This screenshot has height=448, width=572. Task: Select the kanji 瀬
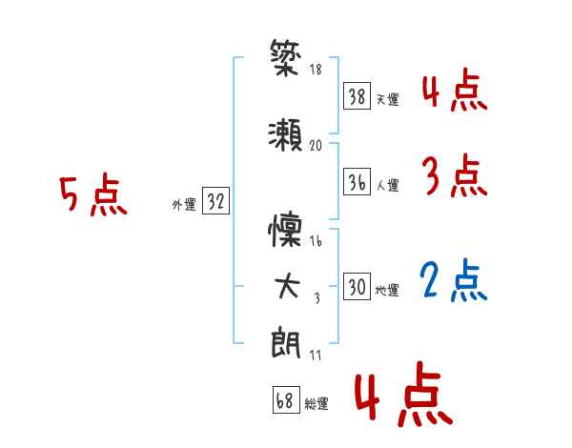(285, 134)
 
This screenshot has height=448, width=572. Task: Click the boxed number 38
(357, 96)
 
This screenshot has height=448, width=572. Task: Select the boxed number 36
(357, 182)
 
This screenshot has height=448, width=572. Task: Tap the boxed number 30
(357, 287)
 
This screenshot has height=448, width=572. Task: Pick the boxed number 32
(216, 201)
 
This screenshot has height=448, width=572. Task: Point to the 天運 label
(387, 99)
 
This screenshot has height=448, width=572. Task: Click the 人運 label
(387, 184)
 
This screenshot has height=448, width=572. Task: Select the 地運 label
(387, 290)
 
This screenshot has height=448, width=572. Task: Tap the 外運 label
(184, 204)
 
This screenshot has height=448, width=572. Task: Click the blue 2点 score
(454, 281)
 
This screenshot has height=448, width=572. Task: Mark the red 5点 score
(92, 196)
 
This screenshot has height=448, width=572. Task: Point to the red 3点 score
(454, 177)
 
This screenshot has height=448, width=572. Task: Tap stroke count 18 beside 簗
(316, 70)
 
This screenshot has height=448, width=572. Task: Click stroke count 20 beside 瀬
(317, 145)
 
